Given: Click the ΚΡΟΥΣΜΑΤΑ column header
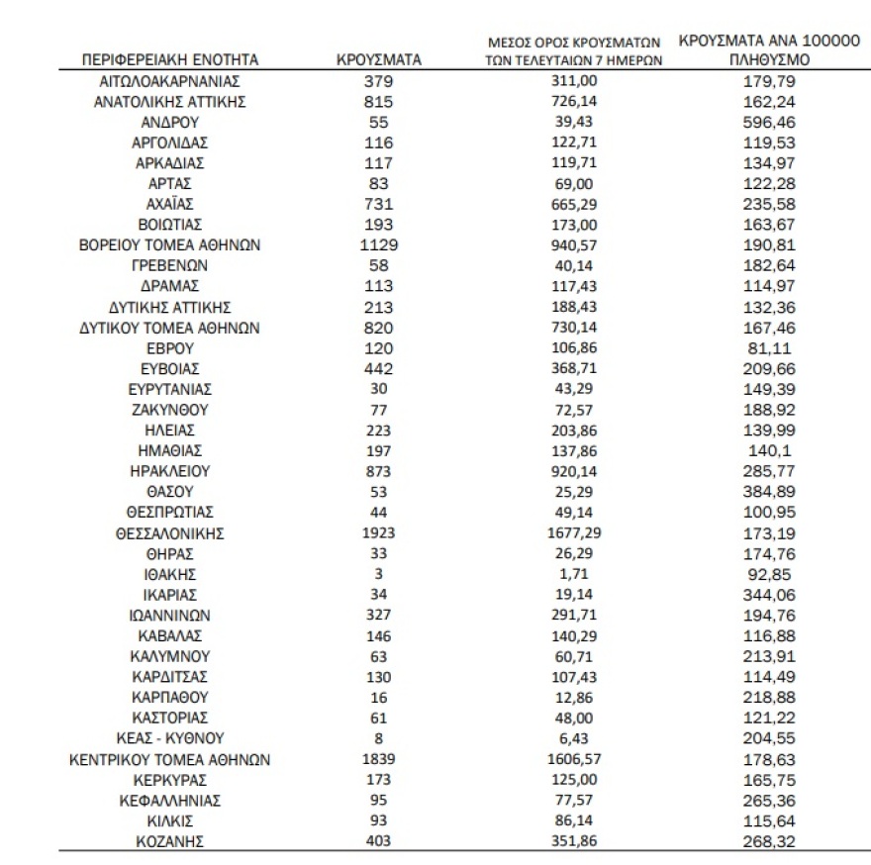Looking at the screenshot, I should (x=379, y=59).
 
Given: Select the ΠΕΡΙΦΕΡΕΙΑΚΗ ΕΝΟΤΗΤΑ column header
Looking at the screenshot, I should (x=169, y=59).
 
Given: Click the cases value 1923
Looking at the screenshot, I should (x=379, y=532).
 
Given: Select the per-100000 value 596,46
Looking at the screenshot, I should (x=769, y=122).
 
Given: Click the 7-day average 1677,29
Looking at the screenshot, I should (x=574, y=532).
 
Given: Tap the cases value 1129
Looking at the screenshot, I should (x=379, y=244).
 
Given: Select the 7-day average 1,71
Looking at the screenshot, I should (x=574, y=574).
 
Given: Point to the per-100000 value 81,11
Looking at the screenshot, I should (x=769, y=347).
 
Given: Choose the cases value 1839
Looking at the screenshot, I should (x=379, y=759).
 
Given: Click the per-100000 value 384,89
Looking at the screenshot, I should (x=769, y=492).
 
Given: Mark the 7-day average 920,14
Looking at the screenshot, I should (x=574, y=471).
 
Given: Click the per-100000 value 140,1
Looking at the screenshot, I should (x=769, y=450).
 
